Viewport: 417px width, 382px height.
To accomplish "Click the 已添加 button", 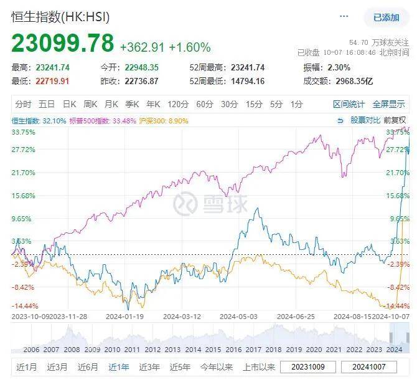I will coord(386,17).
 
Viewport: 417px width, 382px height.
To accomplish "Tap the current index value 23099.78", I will coord(63,44).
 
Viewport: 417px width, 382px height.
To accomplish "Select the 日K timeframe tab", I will coord(68,104).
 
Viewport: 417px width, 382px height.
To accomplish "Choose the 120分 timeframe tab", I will coord(177,104).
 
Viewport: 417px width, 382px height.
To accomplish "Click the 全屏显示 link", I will coord(388,104).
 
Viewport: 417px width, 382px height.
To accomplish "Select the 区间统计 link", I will coord(349,104).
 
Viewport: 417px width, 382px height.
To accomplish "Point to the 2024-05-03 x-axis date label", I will coord(238,317).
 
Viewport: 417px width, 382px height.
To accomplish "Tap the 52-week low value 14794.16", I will coord(248,81).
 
